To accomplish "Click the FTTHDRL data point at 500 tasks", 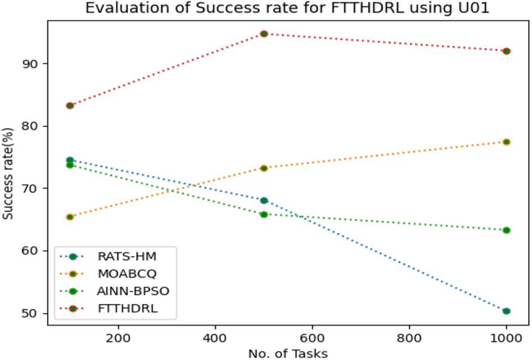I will point(263,34).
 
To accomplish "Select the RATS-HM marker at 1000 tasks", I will point(506,311).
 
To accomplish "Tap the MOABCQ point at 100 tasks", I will point(70,217).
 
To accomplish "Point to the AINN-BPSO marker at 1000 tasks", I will point(506,230).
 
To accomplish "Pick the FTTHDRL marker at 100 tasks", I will point(70,106).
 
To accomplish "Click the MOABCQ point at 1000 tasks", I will point(506,142).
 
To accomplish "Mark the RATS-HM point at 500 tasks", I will point(263,200).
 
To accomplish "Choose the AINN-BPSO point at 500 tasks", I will point(263,214).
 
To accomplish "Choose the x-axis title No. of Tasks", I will point(288,353).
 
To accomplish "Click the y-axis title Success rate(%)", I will point(8,179).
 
